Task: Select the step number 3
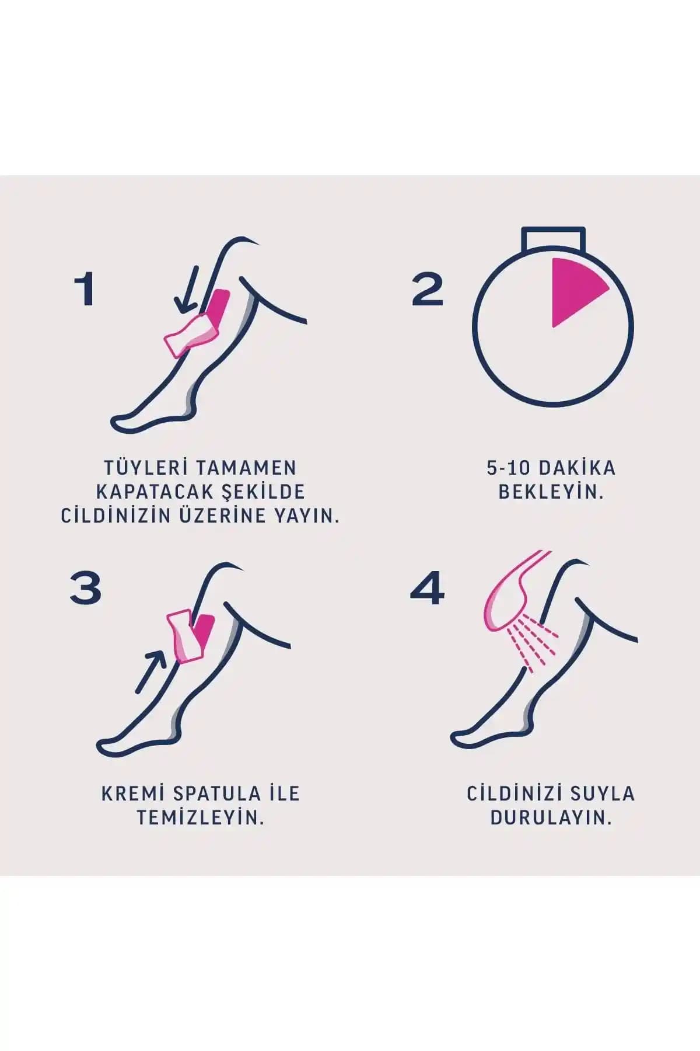coord(86,587)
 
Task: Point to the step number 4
coord(427,587)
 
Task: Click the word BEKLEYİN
coord(551,492)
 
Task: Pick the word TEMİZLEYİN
coord(201,817)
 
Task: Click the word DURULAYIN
coord(551,817)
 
